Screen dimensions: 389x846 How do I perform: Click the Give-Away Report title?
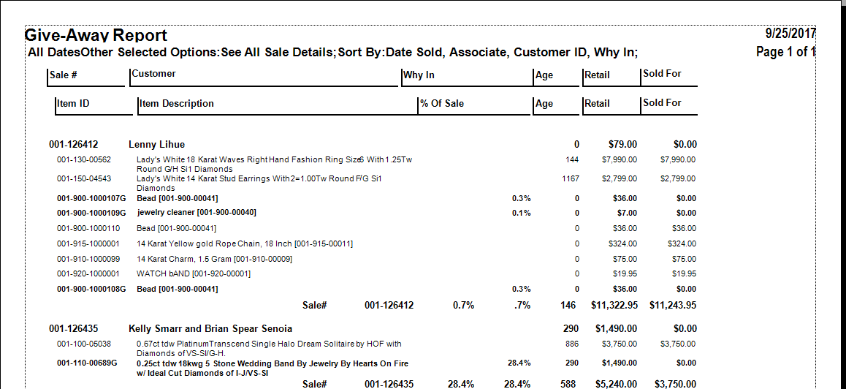tap(96, 35)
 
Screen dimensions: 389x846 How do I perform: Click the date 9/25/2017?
tap(790, 34)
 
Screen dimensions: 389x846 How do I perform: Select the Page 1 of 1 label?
tap(785, 52)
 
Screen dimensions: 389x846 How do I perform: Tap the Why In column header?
tap(419, 75)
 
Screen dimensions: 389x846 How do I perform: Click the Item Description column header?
tap(177, 104)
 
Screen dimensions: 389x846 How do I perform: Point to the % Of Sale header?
tap(442, 104)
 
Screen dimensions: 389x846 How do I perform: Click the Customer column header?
tap(154, 74)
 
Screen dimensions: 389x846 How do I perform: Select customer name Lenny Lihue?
tap(156, 145)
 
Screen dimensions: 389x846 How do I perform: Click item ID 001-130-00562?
tap(84, 159)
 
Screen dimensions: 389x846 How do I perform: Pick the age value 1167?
tap(571, 178)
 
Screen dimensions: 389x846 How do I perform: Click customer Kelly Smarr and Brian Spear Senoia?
tap(210, 329)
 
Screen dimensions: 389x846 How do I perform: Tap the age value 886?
tap(572, 344)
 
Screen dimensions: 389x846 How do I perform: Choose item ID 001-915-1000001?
tap(88, 243)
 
